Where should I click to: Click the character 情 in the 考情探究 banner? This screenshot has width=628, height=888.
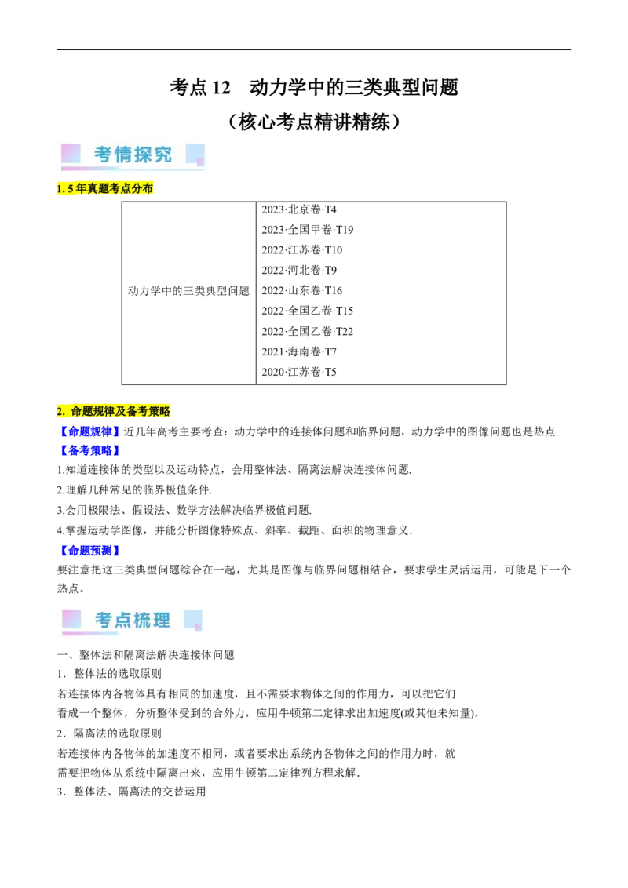(x=123, y=155)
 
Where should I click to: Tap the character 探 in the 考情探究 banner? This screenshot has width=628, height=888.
(x=143, y=155)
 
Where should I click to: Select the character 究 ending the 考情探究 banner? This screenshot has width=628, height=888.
(x=162, y=155)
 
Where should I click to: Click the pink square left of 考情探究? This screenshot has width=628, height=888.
(x=71, y=153)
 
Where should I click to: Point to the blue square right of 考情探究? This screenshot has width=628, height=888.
(x=195, y=154)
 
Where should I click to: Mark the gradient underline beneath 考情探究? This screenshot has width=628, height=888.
(x=132, y=169)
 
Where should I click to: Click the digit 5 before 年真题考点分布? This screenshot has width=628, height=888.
(x=71, y=189)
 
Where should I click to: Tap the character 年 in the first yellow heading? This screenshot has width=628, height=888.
(x=80, y=189)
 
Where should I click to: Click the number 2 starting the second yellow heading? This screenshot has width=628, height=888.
(x=60, y=411)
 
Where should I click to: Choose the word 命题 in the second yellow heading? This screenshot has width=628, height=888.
(x=82, y=411)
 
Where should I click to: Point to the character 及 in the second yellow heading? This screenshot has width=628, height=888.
(x=120, y=411)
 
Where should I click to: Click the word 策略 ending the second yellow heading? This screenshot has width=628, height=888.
(x=159, y=411)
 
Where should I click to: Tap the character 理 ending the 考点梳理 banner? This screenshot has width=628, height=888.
(x=162, y=620)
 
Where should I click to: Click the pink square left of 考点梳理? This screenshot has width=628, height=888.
(x=71, y=619)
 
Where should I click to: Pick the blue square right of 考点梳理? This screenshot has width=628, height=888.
(x=193, y=619)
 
